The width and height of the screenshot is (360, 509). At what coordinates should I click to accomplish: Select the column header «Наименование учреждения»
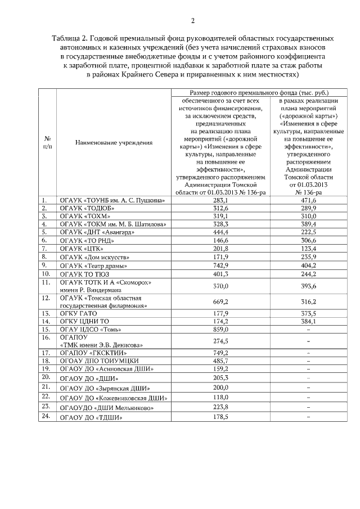click(x=114, y=142)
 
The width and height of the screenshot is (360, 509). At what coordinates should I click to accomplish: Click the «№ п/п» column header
click(x=48, y=142)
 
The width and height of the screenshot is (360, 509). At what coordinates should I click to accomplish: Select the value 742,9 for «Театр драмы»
click(x=220, y=265)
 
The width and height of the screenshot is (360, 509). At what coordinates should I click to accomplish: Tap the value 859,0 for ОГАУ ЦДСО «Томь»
click(x=220, y=328)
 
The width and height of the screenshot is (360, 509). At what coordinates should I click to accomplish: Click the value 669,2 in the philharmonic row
click(x=220, y=301)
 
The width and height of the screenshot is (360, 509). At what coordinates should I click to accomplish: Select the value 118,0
click(x=220, y=397)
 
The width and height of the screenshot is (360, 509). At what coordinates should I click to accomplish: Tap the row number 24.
click(x=46, y=416)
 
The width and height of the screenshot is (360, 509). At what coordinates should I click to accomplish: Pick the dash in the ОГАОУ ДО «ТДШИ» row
click(x=309, y=417)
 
